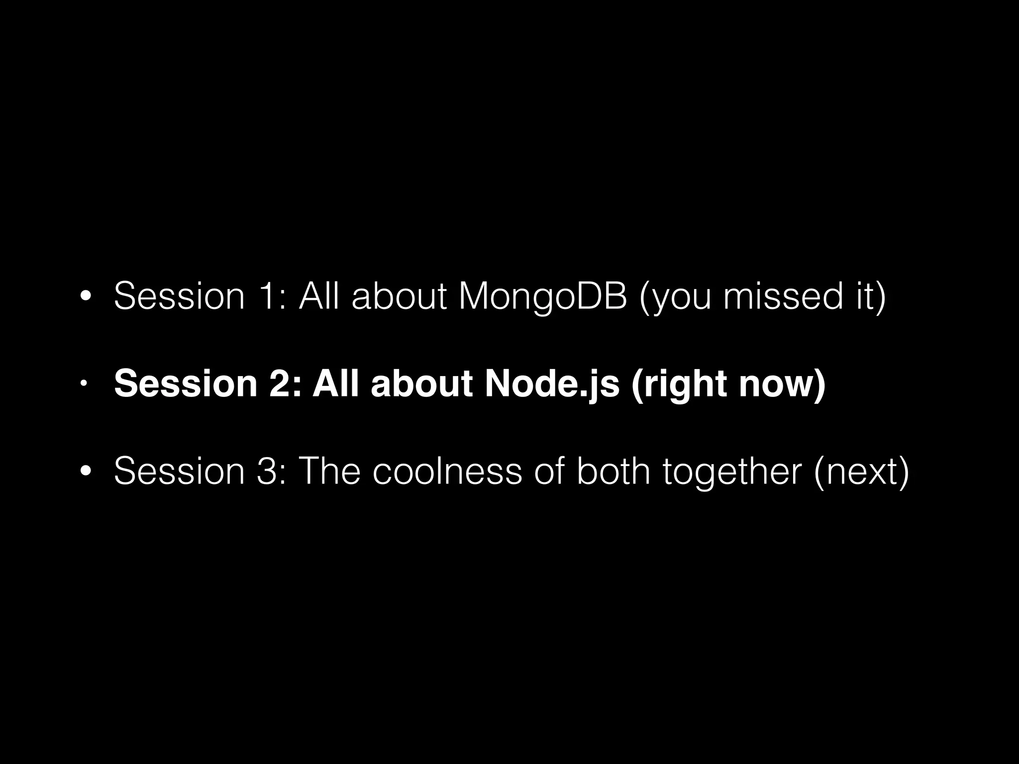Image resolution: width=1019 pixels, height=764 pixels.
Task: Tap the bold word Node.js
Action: point(552,384)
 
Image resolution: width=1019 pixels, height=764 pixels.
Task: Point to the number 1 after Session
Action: point(267,296)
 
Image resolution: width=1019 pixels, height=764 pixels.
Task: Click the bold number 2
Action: point(283,384)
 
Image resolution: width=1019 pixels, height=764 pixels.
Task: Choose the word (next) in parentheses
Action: point(861,472)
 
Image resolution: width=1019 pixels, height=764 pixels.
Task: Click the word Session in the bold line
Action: point(186,384)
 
